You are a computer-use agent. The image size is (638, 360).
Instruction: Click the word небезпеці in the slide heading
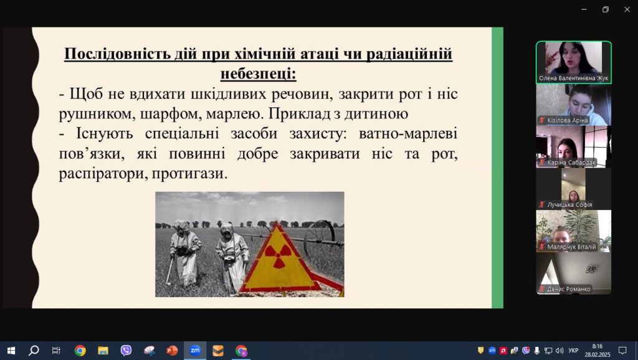(x=258, y=74)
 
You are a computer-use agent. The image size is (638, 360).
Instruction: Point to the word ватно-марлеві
(x=407, y=133)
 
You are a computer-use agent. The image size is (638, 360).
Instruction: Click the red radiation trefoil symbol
(x=279, y=256)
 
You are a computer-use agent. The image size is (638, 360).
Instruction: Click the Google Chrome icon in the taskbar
(x=80, y=351)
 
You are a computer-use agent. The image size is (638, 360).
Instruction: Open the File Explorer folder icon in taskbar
(x=103, y=351)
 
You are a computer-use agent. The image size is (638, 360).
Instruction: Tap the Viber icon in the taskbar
(x=126, y=351)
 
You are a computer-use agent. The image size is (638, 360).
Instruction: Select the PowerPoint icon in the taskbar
(x=172, y=351)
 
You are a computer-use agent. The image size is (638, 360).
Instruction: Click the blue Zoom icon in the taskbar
(x=195, y=350)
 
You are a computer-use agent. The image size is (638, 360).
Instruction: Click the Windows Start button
(x=11, y=351)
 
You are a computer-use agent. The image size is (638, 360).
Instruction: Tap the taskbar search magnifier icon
(x=34, y=350)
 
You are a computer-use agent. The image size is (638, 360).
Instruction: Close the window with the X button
(x=627, y=9)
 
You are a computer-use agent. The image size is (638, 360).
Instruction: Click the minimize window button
(x=584, y=9)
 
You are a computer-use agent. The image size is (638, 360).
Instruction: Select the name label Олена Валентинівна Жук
(x=573, y=78)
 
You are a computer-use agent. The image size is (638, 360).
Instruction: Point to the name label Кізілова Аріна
(x=567, y=120)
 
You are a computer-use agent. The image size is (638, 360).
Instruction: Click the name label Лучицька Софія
(x=569, y=205)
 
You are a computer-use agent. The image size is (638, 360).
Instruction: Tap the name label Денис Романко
(x=568, y=289)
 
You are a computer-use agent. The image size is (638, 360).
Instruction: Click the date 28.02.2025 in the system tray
(x=598, y=355)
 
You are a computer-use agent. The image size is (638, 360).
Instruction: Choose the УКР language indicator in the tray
(x=573, y=351)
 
